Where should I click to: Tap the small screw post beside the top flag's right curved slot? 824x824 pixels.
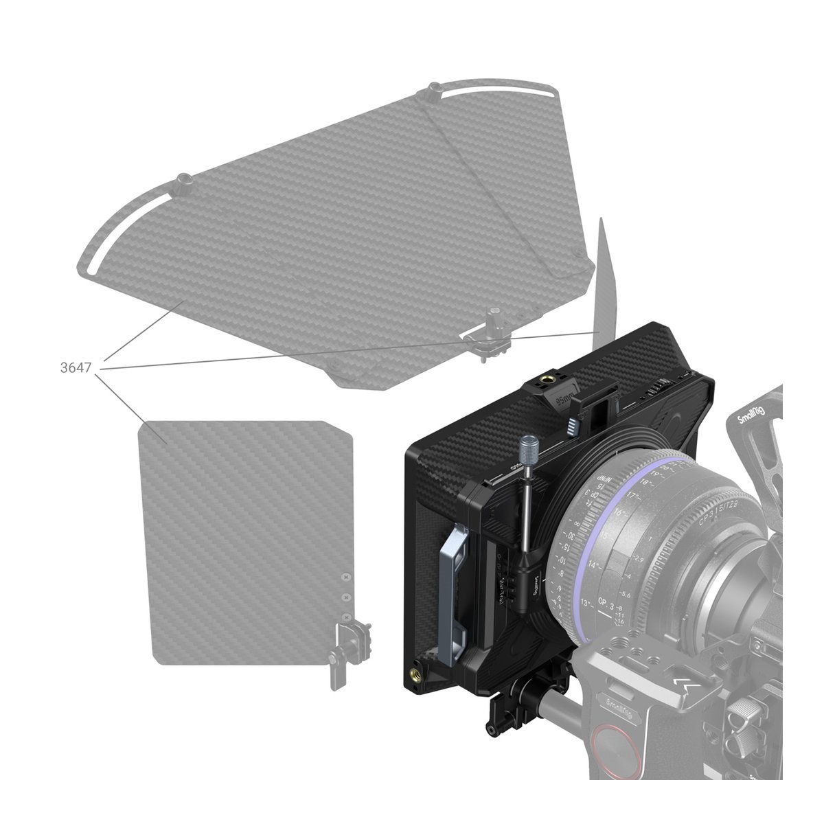pyautogui.click(x=435, y=90)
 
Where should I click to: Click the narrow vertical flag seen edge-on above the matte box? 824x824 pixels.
pyautogui.click(x=602, y=275)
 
